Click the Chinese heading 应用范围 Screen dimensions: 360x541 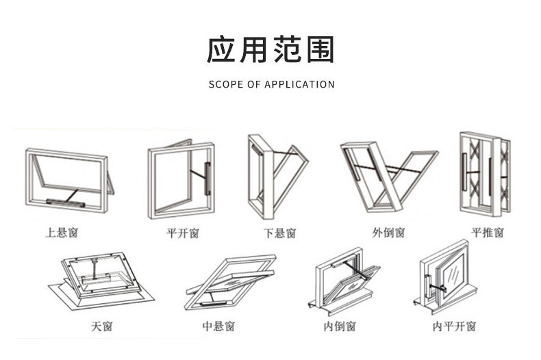[270, 50]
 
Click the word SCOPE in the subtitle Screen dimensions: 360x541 [223, 85]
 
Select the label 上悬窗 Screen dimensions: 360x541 [62, 233]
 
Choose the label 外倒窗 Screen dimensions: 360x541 [388, 233]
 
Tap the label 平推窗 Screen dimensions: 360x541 [488, 233]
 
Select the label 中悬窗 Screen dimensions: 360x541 [218, 326]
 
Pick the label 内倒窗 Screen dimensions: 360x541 [340, 326]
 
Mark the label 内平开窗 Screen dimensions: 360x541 [454, 326]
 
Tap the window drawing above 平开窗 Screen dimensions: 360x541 [180, 179]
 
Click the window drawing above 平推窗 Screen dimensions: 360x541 [485, 175]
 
